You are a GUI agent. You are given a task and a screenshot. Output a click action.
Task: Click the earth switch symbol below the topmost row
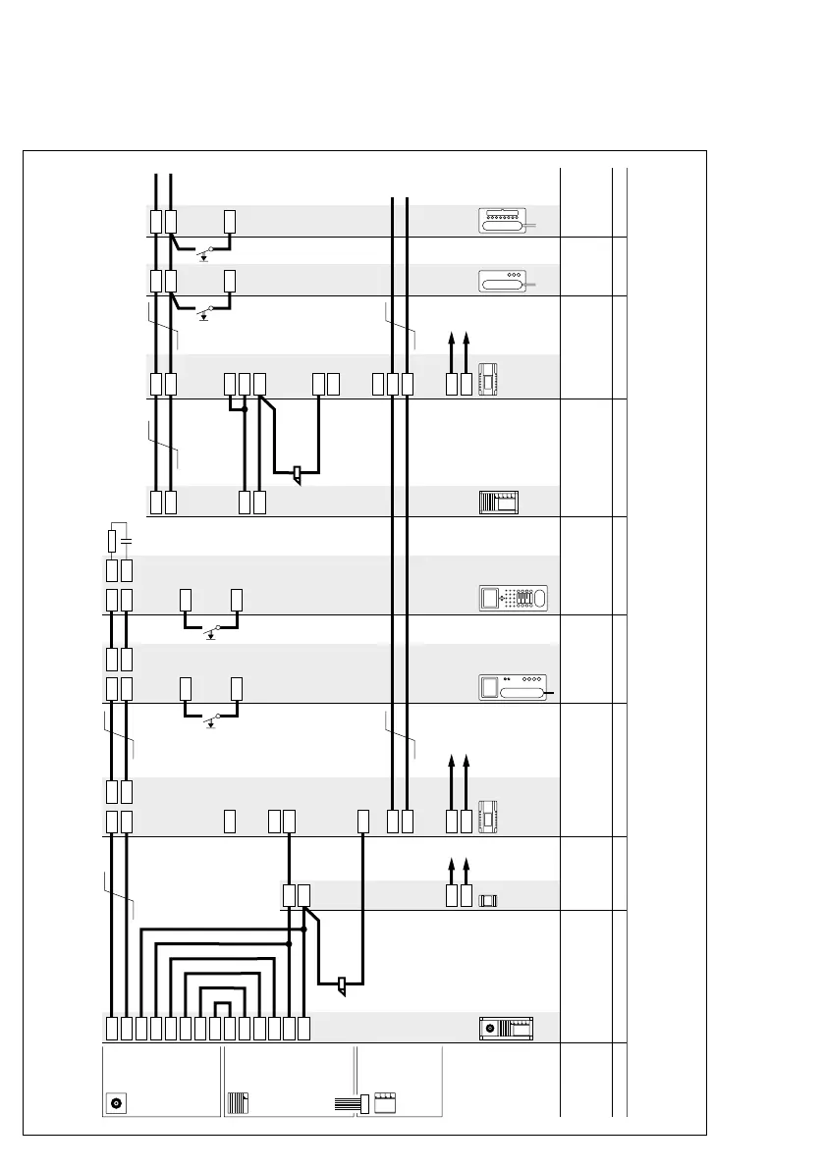(x=204, y=255)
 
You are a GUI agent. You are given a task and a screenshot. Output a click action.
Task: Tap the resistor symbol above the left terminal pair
(x=112, y=540)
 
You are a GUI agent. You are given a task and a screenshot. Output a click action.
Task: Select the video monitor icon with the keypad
(x=514, y=598)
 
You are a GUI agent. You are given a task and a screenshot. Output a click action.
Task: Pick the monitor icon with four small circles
(x=514, y=686)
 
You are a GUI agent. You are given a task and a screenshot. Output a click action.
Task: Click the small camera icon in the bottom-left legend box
(x=117, y=1102)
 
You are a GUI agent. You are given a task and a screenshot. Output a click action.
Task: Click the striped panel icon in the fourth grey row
(x=498, y=503)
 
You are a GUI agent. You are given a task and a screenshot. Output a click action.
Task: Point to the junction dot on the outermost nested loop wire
(x=304, y=929)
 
